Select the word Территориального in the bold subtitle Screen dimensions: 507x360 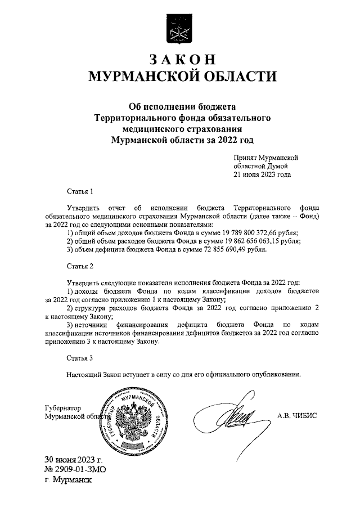pos(133,118)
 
